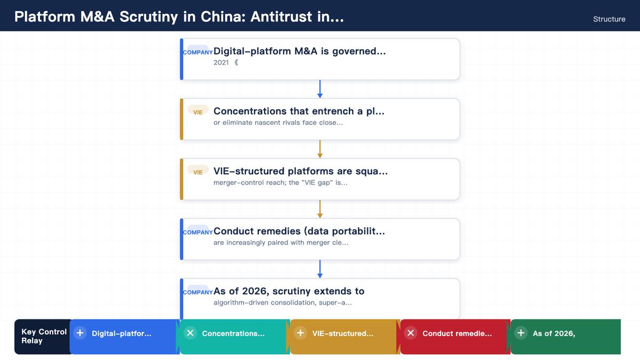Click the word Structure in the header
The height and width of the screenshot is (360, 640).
pyautogui.click(x=609, y=19)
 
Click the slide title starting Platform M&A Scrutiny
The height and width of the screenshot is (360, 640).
pyautogui.click(x=179, y=17)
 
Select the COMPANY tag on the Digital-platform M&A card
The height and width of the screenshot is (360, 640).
pyautogui.click(x=198, y=52)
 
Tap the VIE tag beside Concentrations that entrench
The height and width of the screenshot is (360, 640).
pyautogui.click(x=198, y=113)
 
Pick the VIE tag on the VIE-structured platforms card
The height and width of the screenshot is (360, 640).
pyautogui.click(x=198, y=172)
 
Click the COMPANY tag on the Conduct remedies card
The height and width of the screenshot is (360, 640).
pyautogui.click(x=198, y=233)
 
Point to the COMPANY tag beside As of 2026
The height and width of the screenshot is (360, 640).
pyautogui.click(x=198, y=292)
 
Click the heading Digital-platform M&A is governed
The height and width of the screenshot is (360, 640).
pyautogui.click(x=299, y=51)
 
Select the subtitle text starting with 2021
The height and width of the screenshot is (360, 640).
pyautogui.click(x=226, y=62)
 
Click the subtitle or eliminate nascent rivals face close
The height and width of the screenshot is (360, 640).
pyautogui.click(x=278, y=123)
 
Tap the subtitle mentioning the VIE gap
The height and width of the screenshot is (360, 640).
pyautogui.click(x=281, y=182)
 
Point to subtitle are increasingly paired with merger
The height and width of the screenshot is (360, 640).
pyautogui.click(x=281, y=243)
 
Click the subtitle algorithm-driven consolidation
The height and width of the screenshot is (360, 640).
pyautogui.click(x=283, y=302)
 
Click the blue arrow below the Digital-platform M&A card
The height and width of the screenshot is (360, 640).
pyautogui.click(x=320, y=89)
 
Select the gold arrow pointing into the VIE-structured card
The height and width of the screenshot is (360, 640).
pyautogui.click(x=320, y=149)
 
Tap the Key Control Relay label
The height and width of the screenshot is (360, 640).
pyautogui.click(x=44, y=337)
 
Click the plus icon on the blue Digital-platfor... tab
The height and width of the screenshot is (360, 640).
pyautogui.click(x=80, y=333)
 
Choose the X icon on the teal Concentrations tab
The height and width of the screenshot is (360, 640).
pyautogui.click(x=190, y=333)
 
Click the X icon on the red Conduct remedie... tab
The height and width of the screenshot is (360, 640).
pyautogui.click(x=411, y=333)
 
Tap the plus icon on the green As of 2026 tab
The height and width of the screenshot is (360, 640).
pyautogui.click(x=521, y=333)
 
